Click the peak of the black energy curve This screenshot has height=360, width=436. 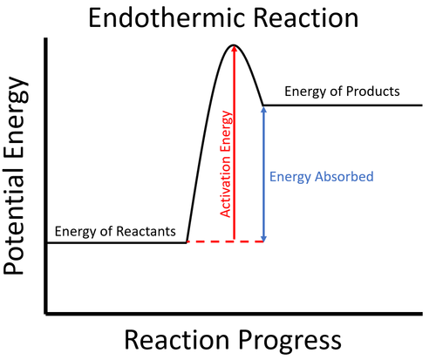[x=233, y=44]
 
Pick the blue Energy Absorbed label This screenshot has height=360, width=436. [x=321, y=177]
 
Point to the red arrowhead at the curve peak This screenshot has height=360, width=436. [x=233, y=50]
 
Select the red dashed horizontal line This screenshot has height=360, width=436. [x=225, y=241]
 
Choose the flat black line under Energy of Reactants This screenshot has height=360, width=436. [x=116, y=242]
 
